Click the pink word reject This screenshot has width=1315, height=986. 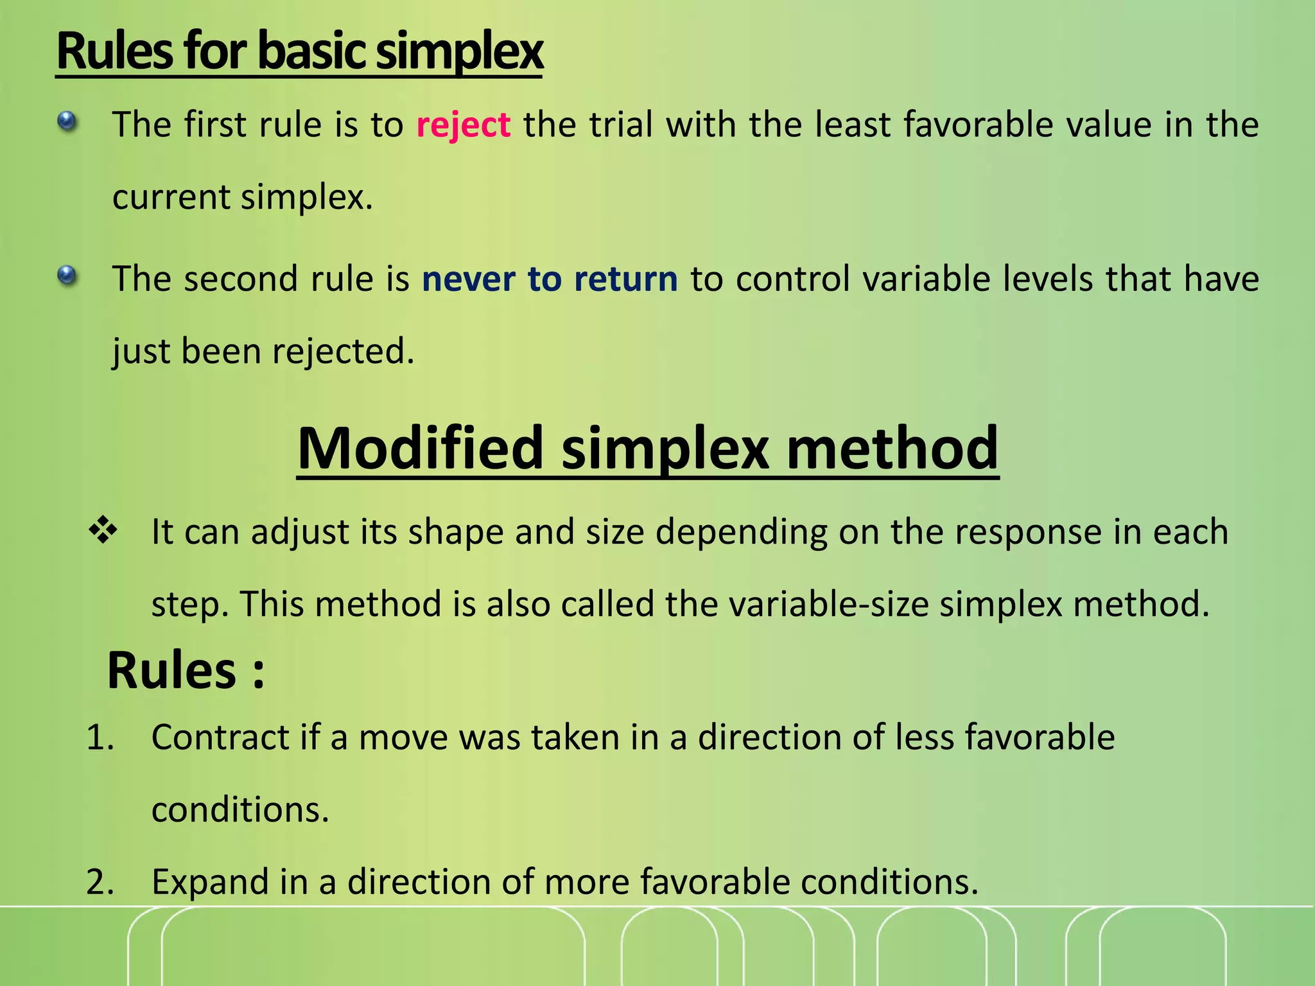463,125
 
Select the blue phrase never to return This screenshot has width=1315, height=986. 550,279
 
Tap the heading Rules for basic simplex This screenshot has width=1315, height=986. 299,51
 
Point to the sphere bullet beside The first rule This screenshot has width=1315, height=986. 67,121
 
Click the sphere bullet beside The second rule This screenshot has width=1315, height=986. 67,276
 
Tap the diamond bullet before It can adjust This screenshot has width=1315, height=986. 103,531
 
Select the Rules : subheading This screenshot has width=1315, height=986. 186,670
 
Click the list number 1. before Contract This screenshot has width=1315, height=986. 100,738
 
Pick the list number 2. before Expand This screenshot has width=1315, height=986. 100,882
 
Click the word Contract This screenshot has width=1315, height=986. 220,738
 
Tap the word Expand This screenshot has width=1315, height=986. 209,882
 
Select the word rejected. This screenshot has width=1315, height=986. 343,352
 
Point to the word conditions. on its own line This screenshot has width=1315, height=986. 240,810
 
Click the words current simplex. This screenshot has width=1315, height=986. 242,197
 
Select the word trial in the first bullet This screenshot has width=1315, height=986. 620,125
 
